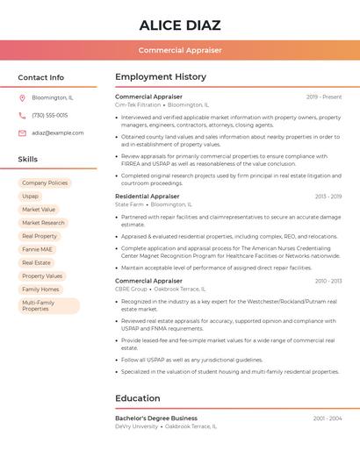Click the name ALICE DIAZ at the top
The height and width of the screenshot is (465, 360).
click(x=180, y=25)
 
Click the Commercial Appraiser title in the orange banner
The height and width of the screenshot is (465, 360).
click(x=180, y=50)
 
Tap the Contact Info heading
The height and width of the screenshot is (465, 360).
click(x=40, y=77)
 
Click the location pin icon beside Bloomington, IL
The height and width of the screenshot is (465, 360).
click(x=22, y=97)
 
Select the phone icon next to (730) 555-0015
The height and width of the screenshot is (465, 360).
click(x=22, y=115)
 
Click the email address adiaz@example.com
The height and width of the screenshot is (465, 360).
click(x=58, y=132)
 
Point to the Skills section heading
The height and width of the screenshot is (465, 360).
click(x=28, y=160)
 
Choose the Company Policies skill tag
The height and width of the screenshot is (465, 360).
click(x=45, y=182)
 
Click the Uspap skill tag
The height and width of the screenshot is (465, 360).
click(x=31, y=197)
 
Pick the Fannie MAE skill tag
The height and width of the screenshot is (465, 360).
click(x=38, y=249)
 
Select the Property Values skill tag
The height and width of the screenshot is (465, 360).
click(x=42, y=275)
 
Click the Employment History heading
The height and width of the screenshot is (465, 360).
click(x=161, y=77)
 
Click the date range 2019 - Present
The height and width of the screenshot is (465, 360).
click(x=324, y=97)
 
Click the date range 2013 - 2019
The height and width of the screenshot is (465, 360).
click(x=328, y=197)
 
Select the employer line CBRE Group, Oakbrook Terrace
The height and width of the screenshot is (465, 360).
click(x=161, y=289)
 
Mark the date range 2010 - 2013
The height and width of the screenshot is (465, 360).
click(x=328, y=281)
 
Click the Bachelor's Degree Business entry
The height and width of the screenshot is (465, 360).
click(x=156, y=418)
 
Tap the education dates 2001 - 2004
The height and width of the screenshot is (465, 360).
click(x=328, y=418)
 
